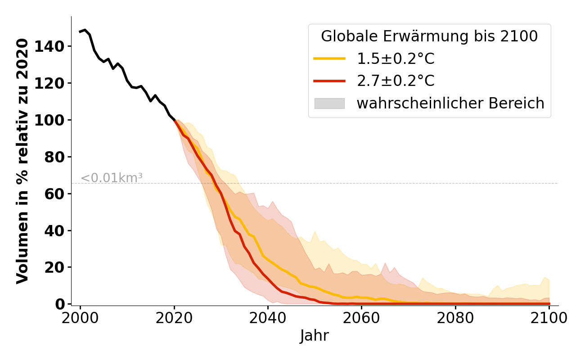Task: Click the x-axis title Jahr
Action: tap(315, 336)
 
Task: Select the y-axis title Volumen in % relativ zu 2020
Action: tap(22, 161)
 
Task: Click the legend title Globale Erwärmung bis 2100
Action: tap(429, 36)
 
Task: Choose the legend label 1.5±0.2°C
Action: tap(396, 58)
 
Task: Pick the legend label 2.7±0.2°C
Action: tap(396, 81)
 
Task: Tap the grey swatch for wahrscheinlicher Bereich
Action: tap(329, 103)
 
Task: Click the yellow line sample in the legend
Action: tap(329, 58)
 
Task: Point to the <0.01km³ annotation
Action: tap(112, 178)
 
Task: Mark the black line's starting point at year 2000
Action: tap(81, 31)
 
